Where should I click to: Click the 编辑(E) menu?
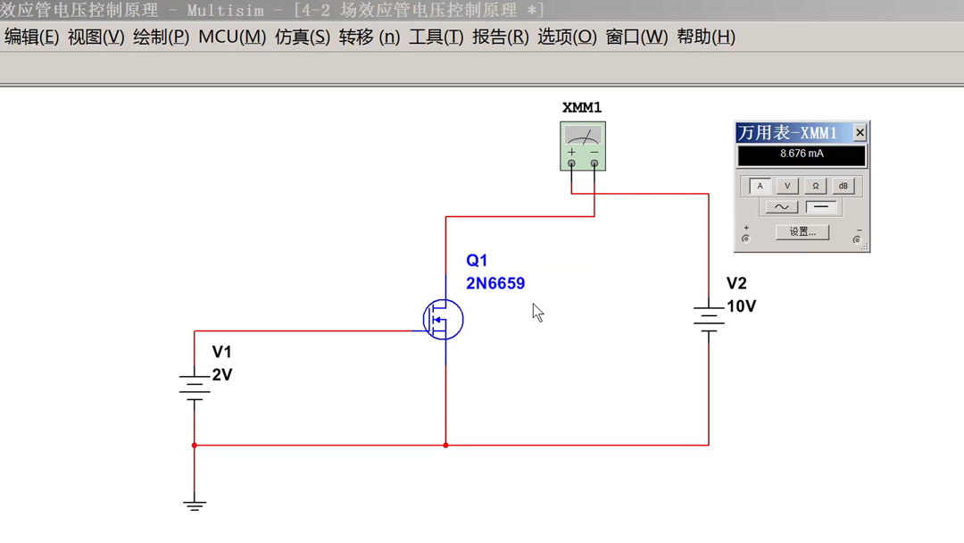point(31,38)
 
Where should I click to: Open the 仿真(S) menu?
point(303,38)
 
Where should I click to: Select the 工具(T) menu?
point(436,38)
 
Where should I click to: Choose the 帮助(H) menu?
point(706,38)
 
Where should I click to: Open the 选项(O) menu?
point(567,38)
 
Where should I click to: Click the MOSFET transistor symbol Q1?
point(443,319)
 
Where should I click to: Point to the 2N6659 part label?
point(495,283)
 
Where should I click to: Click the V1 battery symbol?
point(194,386)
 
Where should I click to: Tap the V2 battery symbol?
point(709,318)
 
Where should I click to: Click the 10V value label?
point(741,306)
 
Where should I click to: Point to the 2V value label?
point(222,375)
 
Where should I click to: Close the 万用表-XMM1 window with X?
point(860,133)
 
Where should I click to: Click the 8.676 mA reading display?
point(802,155)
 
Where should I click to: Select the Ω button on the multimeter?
point(815,187)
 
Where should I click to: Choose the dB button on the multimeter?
point(843,187)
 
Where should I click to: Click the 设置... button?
point(802,232)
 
